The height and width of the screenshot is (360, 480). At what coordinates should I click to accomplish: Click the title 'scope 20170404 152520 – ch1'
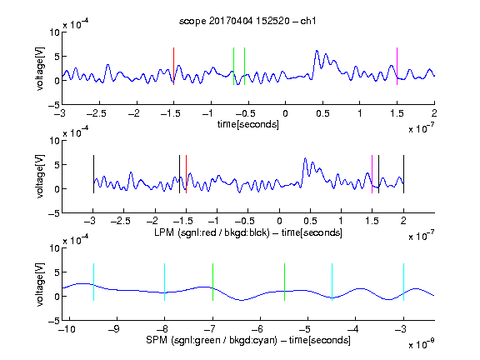[x=247, y=21]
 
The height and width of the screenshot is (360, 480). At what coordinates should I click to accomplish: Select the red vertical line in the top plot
[x=174, y=66]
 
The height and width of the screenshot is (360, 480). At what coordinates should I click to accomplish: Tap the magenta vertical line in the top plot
[x=397, y=66]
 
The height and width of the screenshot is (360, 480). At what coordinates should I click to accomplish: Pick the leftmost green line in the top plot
[x=233, y=66]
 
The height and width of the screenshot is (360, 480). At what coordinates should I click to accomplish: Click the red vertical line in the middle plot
[x=186, y=174]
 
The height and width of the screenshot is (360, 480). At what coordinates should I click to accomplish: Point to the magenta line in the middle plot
[x=372, y=174]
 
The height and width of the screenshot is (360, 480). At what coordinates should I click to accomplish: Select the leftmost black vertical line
[x=93, y=174]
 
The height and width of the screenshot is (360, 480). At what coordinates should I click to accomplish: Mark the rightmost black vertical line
[x=403, y=174]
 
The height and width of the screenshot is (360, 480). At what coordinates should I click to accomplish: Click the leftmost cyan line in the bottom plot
[x=93, y=282]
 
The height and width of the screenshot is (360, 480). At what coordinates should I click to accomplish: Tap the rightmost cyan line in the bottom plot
[x=403, y=282]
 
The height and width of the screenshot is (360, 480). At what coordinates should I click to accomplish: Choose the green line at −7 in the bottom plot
[x=212, y=282]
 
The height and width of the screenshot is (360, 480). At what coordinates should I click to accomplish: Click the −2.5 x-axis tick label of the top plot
[x=97, y=113]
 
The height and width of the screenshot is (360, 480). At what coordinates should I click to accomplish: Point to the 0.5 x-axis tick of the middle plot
[x=310, y=221]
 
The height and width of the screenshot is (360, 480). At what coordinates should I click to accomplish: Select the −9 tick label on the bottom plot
[x=114, y=329]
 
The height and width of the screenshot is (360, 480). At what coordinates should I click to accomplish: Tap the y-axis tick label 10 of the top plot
[x=55, y=32]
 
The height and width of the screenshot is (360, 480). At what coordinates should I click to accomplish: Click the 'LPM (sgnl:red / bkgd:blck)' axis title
[x=212, y=232]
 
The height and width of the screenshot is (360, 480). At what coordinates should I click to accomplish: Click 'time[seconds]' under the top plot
[x=248, y=124]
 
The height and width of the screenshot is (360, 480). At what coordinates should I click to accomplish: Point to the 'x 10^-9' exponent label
[x=421, y=344]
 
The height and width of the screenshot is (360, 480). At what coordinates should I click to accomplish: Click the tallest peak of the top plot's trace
[x=317, y=51]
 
